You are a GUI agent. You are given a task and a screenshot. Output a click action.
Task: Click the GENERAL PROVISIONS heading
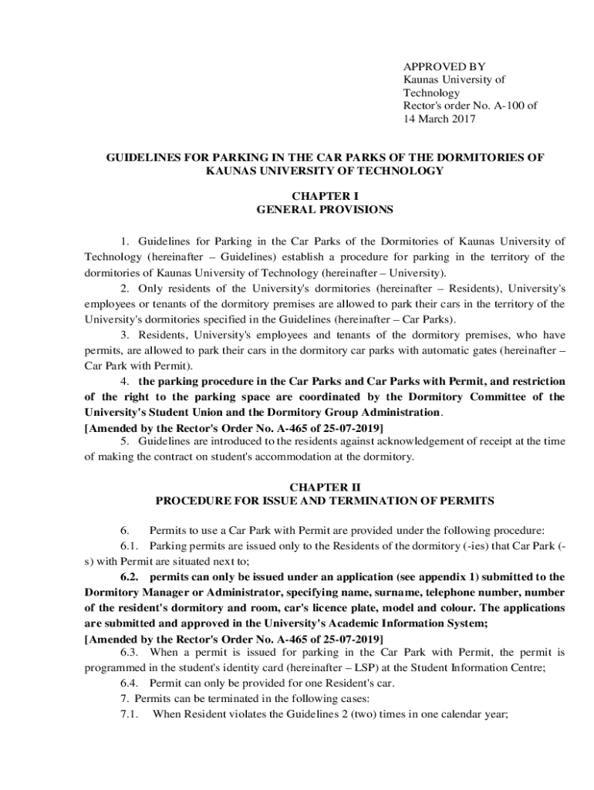(x=325, y=209)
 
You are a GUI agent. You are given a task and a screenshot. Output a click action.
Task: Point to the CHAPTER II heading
(x=325, y=488)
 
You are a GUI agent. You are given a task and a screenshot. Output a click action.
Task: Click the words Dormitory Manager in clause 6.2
(x=127, y=592)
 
